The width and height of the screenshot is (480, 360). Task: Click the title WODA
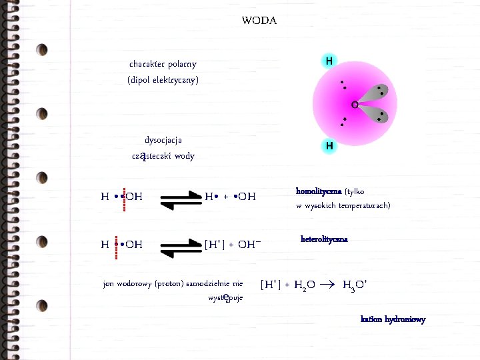coord(259,21)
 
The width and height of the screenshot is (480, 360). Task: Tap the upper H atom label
coord(329,61)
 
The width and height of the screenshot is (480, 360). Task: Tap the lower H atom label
coord(329,145)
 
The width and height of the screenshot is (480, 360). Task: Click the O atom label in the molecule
coord(354,105)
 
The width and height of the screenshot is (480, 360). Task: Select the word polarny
coord(181,64)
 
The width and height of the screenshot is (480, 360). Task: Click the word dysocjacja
coord(163,140)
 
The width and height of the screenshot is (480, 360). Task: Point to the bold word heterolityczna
coord(324,239)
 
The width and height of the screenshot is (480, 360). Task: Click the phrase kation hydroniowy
coord(393,319)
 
